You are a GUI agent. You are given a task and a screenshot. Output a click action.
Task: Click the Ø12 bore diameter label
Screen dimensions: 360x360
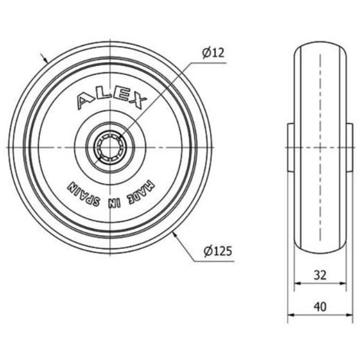coord(213,53)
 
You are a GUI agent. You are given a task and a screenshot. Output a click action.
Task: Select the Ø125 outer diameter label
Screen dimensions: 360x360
coord(218,251)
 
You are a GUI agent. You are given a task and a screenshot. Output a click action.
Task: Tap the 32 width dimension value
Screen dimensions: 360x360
coord(320,275)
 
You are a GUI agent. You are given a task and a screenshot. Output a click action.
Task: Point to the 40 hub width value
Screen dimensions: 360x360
coord(320,306)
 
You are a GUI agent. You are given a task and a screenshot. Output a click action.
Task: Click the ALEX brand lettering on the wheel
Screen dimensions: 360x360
coord(112,100)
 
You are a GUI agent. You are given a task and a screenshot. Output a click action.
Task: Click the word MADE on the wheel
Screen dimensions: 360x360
coord(142,191)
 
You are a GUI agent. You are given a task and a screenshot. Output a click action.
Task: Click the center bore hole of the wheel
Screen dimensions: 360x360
coord(110,148)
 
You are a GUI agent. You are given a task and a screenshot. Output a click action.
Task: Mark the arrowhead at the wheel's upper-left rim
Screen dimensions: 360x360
coord(45,60)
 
